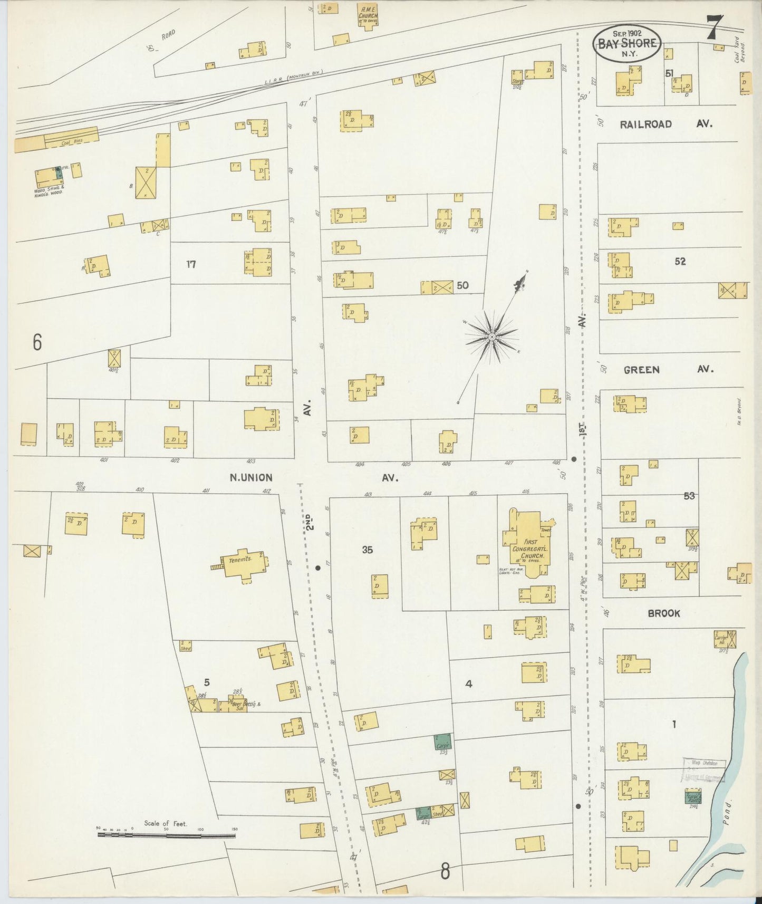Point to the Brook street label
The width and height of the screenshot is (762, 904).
point(664,613)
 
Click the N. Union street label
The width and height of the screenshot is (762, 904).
point(251,478)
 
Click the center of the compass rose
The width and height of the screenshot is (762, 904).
point(491,336)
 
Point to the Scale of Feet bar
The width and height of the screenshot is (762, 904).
point(167,835)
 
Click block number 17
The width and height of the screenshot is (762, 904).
point(191,264)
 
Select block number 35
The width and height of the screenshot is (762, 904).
point(368,550)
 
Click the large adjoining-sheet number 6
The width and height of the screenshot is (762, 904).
point(36,343)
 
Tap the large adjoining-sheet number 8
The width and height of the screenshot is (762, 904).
point(445,871)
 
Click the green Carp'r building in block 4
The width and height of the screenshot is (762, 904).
point(442,742)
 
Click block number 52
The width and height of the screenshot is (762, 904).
point(680,261)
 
